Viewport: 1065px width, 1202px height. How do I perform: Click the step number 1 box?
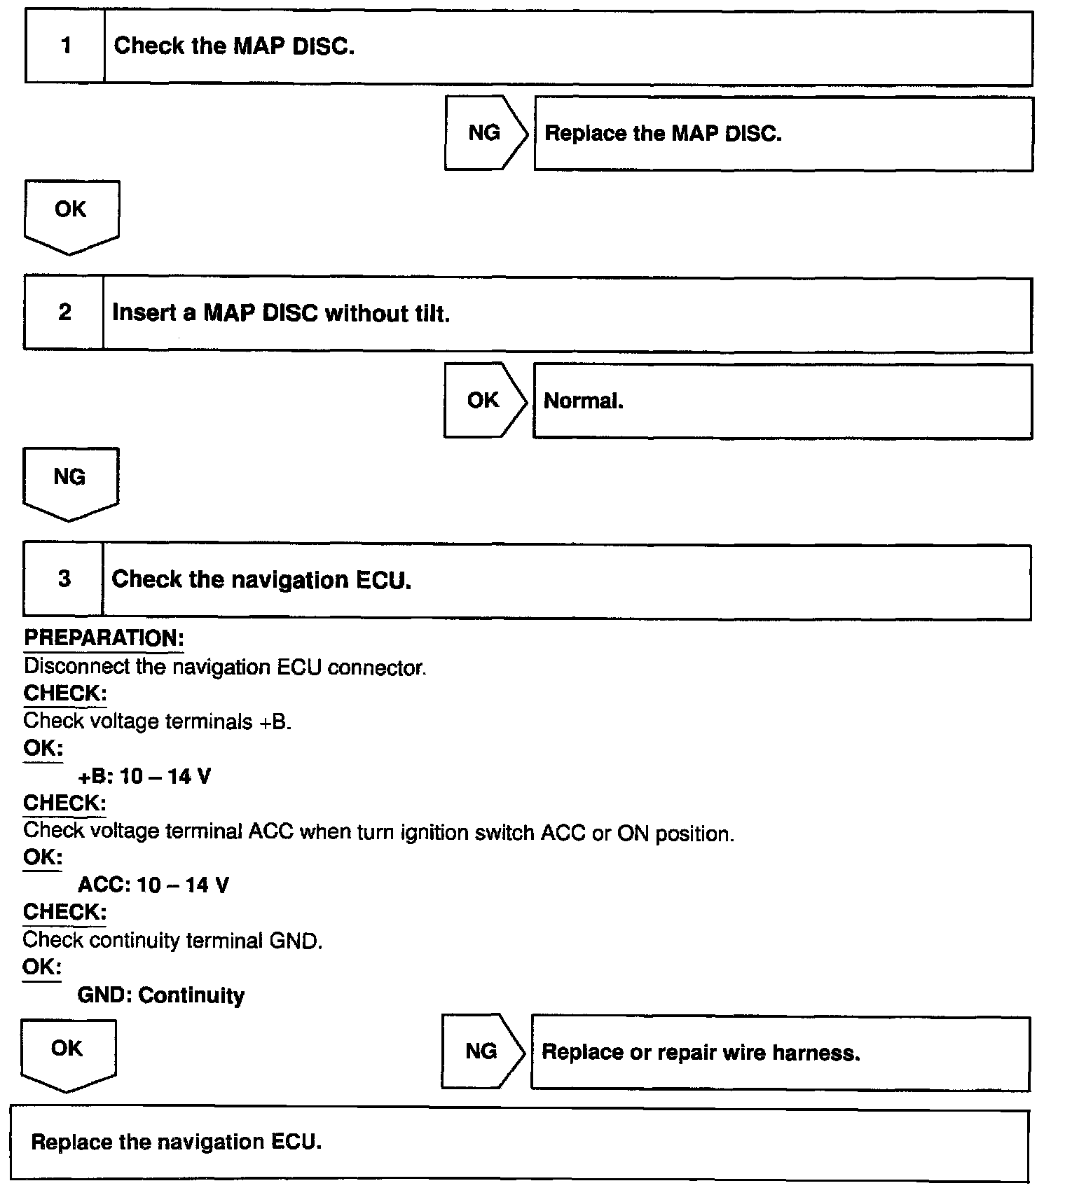pos(65,46)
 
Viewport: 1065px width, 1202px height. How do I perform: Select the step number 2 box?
pos(64,312)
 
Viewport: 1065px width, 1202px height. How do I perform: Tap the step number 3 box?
pos(64,579)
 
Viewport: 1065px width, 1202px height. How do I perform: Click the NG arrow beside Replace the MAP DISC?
pos(485,133)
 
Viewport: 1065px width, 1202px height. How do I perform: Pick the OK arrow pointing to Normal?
pos(483,400)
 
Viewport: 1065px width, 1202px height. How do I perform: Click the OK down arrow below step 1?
pos(71,214)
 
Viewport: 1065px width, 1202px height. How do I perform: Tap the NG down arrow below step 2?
pos(70,481)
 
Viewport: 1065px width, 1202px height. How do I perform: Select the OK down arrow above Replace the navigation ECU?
pos(68,1053)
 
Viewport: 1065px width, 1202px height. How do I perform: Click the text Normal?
pos(584,401)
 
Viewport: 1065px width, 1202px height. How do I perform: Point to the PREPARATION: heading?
pos(104,638)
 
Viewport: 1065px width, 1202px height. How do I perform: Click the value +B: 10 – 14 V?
pos(144,776)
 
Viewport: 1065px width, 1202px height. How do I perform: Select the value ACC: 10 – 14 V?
pos(153,885)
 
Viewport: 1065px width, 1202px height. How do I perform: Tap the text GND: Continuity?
pos(161,995)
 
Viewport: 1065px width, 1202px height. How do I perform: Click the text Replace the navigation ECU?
pos(177,1142)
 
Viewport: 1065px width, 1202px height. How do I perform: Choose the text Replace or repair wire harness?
pos(701,1052)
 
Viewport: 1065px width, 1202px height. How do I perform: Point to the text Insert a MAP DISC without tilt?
pos(281,313)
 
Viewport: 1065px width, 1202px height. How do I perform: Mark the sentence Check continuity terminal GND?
pos(173,940)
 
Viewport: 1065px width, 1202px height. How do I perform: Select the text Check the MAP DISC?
pos(234,46)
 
